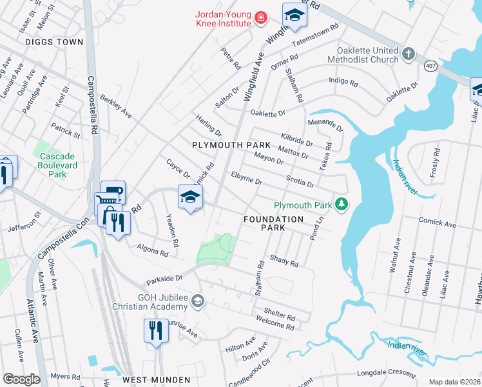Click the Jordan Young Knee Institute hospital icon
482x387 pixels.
click(261, 18)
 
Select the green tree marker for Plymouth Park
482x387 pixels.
click(342, 205)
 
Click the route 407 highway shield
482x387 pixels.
click(429, 66)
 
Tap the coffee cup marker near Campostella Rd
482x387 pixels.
click(113, 192)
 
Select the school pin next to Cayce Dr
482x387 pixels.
click(190, 199)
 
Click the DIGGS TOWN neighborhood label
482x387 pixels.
click(55, 42)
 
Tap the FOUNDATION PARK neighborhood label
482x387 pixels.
click(273, 224)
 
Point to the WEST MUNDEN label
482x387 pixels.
click(157, 380)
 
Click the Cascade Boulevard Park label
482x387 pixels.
click(57, 165)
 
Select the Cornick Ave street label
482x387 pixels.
click(436, 224)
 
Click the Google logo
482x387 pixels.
click(21, 379)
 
